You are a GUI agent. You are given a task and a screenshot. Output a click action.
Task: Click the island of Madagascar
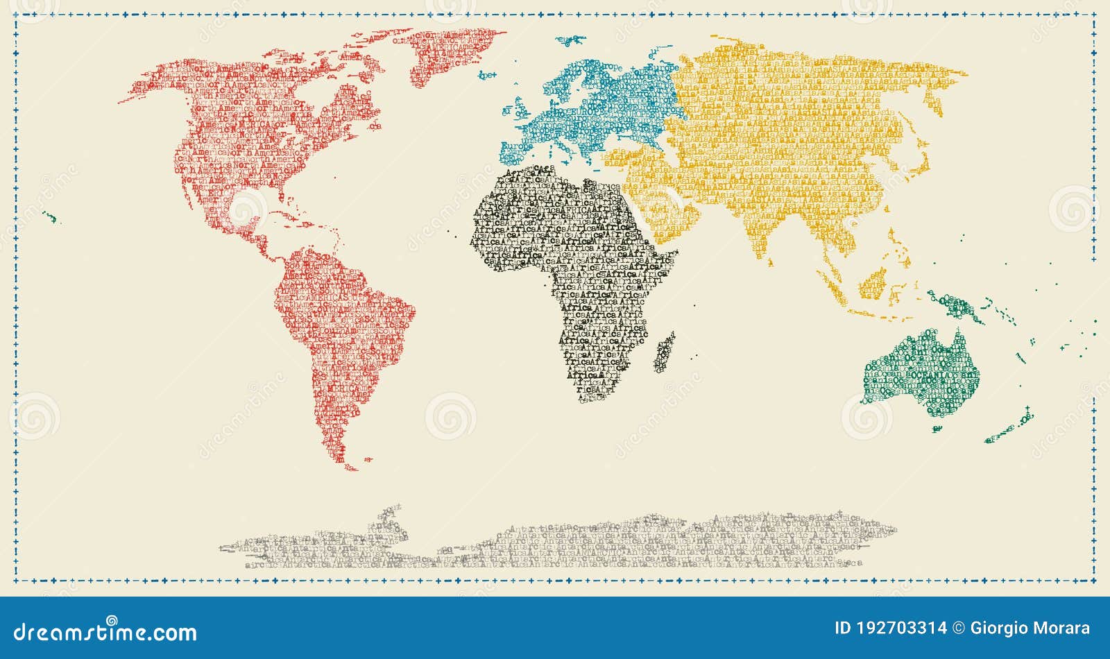coord(665,352)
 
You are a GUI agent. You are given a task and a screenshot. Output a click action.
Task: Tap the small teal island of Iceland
coord(488,74)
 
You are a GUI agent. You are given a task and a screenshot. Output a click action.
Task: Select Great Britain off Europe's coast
coord(521,110)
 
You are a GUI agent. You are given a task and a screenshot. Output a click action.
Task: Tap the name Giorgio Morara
coord(1030,628)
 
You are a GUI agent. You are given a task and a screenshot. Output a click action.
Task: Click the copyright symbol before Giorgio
coord(958,628)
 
